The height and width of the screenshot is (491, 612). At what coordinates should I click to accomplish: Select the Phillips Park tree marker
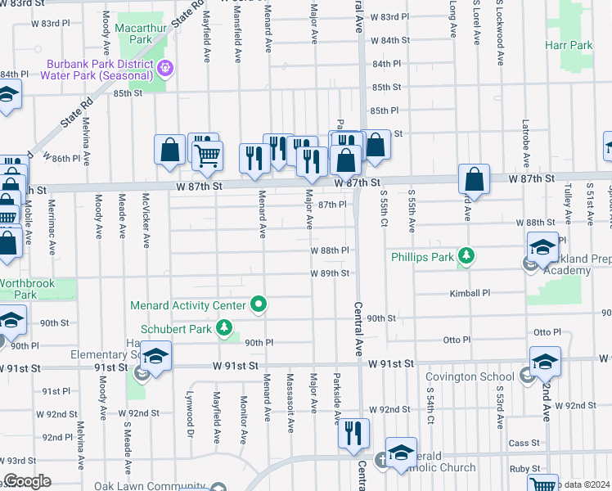(x=466, y=257)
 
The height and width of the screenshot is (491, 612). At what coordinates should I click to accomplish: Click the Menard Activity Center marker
(x=259, y=306)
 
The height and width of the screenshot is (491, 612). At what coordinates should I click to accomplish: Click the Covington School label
(x=488, y=376)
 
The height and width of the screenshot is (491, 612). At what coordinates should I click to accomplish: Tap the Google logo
(x=27, y=481)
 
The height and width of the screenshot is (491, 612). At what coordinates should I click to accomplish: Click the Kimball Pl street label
(x=469, y=293)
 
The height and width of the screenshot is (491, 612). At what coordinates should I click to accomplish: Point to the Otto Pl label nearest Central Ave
(x=457, y=340)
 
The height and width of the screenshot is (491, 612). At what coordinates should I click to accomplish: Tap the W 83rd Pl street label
(x=389, y=17)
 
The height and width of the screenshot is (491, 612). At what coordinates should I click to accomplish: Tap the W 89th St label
(x=330, y=273)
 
